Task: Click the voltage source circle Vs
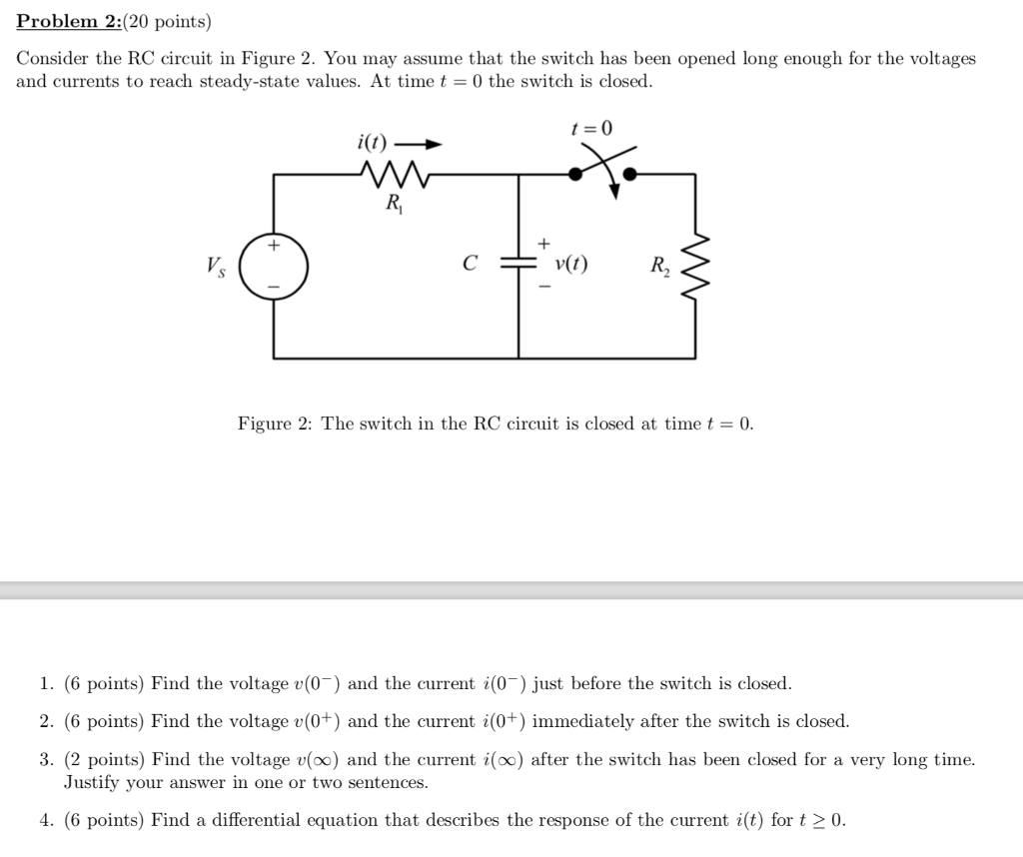point(274,266)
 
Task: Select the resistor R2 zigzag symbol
point(695,266)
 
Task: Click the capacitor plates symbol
point(517,264)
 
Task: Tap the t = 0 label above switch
point(591,128)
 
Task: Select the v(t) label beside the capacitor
point(571,265)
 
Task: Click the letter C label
point(469,265)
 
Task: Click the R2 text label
point(660,267)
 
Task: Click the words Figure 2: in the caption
point(276,424)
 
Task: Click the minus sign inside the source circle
point(273,288)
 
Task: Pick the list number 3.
point(46,759)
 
